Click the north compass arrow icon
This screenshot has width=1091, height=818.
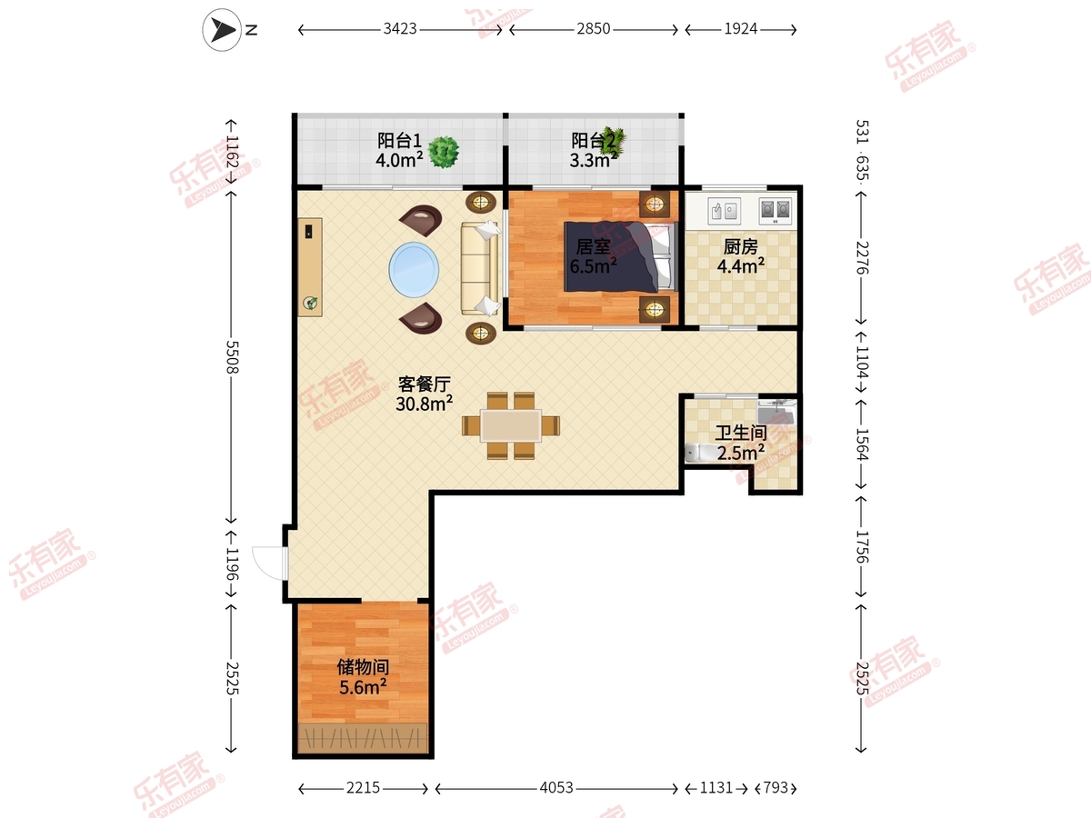tap(222, 30)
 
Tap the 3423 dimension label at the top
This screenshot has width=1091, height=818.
tap(400, 29)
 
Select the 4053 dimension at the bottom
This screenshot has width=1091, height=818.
tap(556, 788)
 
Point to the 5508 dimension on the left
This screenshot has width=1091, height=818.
tap(232, 357)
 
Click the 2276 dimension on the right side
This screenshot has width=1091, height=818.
tap(862, 258)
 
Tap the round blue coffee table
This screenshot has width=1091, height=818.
tap(414, 269)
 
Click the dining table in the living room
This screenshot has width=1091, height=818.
tap(510, 425)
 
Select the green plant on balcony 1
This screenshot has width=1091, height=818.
tap(444, 152)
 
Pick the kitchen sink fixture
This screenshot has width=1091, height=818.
tap(724, 211)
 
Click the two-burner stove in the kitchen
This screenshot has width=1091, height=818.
tap(775, 211)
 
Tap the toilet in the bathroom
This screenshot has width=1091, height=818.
tap(697, 453)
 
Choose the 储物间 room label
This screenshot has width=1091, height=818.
tap(363, 667)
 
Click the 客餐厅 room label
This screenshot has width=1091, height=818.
tap(425, 384)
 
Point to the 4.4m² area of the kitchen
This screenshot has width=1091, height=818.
tap(741, 266)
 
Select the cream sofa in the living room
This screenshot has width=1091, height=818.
tap(480, 268)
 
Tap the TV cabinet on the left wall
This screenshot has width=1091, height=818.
tap(310, 267)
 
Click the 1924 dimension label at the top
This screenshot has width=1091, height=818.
tap(741, 29)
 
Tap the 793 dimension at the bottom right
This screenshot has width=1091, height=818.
tap(776, 788)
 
